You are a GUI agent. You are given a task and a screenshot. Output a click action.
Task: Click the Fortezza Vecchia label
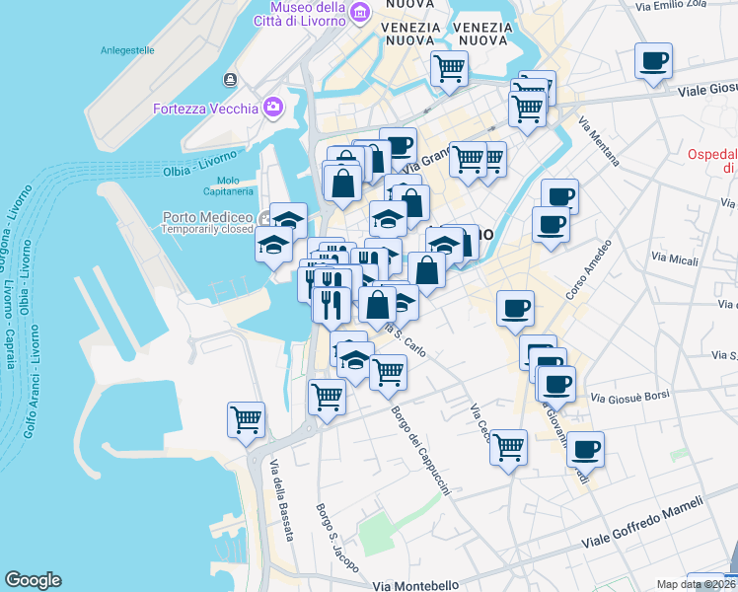(205, 109)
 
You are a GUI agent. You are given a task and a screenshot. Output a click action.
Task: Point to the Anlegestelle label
(127, 49)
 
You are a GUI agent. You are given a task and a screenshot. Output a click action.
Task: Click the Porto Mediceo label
(207, 217)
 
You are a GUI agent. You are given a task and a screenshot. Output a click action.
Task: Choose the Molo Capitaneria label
(228, 186)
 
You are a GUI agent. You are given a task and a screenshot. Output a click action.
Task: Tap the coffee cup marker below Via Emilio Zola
(653, 61)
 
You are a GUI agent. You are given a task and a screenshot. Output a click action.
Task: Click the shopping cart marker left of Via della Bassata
(246, 418)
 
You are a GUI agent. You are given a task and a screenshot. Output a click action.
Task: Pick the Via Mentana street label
(600, 142)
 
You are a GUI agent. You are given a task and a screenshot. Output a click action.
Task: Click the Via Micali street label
(676, 259)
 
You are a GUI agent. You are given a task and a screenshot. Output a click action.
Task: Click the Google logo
(33, 581)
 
